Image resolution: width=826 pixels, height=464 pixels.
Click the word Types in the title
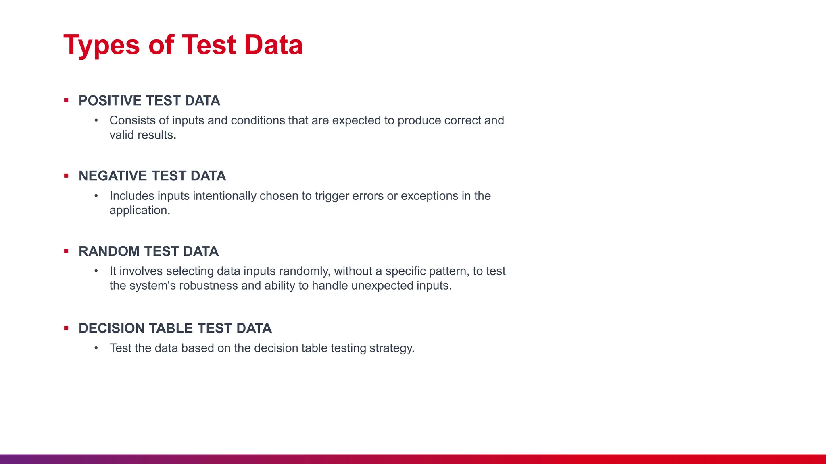[101, 45]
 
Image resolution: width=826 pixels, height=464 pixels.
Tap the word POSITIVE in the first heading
[110, 101]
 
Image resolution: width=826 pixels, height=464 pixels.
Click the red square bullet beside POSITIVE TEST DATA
[66, 100]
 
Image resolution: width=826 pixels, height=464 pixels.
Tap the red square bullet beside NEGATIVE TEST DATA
[66, 176]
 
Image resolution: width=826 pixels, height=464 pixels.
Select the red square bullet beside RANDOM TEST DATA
[66, 251]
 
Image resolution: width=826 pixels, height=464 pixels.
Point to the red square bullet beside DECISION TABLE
[66, 328]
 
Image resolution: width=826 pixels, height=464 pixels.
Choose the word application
[140, 210]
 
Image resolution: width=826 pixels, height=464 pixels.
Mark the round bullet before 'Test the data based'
[96, 348]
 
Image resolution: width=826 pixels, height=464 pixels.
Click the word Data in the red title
[273, 45]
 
